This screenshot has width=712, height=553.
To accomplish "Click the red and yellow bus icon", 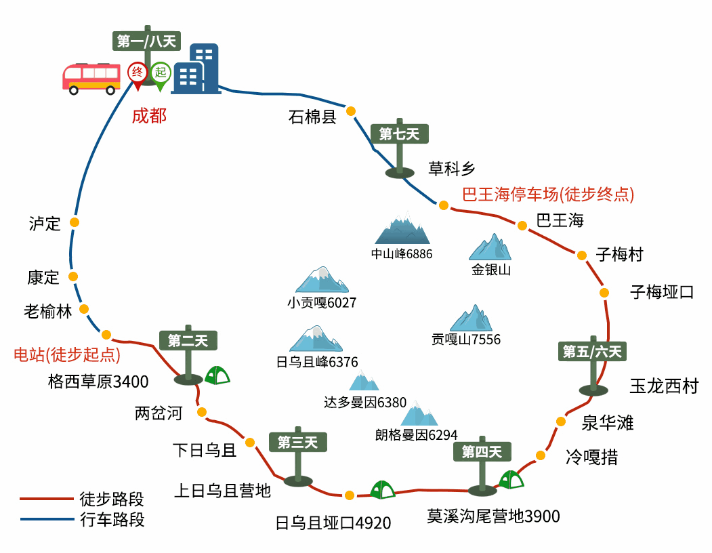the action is coord(91,79).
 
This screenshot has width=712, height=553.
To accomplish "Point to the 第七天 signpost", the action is coord(400,148).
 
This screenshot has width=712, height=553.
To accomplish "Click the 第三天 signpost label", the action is coord(298,442).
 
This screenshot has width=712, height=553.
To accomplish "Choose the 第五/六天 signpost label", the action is coord(592,351).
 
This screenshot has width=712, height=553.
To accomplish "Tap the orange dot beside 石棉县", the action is coord(350,111).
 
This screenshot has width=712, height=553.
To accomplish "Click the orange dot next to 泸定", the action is coord(75,222).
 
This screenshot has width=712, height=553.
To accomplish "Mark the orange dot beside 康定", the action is coord(73,276).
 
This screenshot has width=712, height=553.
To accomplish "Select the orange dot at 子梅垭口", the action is coord(604,293).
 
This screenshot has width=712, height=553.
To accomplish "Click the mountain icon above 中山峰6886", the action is coord(402,228).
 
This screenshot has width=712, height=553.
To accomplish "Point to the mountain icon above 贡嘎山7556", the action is coord(472,318).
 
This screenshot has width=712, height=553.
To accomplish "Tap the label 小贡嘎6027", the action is coord(322,303).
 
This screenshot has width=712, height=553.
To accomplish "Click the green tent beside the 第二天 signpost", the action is coord(217,375).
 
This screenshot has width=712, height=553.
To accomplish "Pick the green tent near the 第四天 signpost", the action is coord(511,479).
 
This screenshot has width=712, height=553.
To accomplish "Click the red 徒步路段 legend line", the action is coord(47,499).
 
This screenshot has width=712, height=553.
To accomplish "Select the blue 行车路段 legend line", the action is coord(47,518).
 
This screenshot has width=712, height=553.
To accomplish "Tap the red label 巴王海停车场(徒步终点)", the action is coord(548,194).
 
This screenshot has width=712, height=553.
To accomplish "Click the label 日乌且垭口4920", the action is coord(333,523).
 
